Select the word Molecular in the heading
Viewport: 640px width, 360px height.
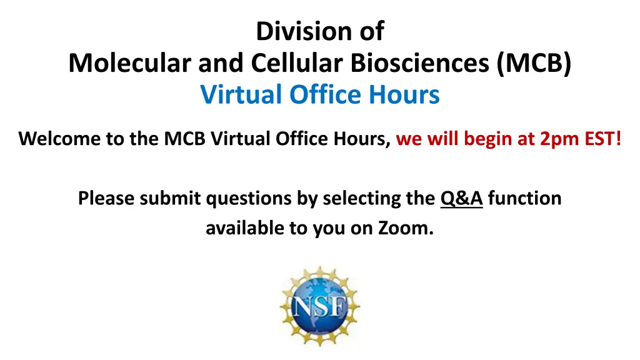click(130, 63)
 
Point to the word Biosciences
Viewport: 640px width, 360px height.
click(419, 63)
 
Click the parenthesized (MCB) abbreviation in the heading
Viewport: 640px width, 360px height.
click(534, 63)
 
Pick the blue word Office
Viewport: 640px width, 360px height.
click(325, 95)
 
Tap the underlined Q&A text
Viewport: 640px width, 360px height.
click(462, 199)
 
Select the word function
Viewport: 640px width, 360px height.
click(524, 198)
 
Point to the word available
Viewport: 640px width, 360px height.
click(245, 227)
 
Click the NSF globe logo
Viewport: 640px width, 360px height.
click(320, 306)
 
